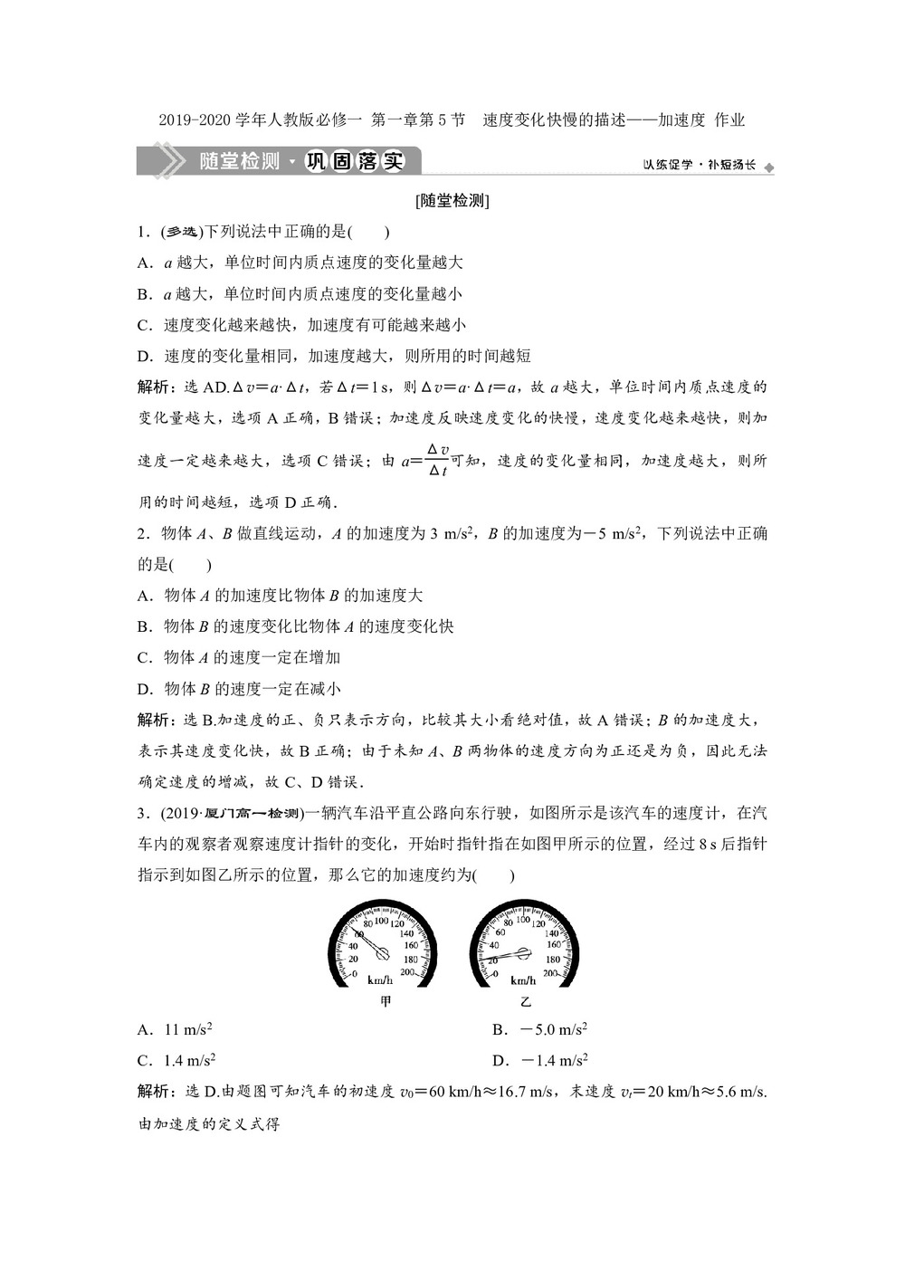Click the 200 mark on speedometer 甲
tap(407, 972)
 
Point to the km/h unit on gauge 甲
tap(381, 980)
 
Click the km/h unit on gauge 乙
tap(524, 980)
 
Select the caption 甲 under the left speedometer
tap(386, 1002)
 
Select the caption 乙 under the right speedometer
tap(526, 1002)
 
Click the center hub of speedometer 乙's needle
tap(524, 952)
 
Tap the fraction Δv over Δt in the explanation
tap(438, 460)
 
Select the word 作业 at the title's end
tap(729, 119)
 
